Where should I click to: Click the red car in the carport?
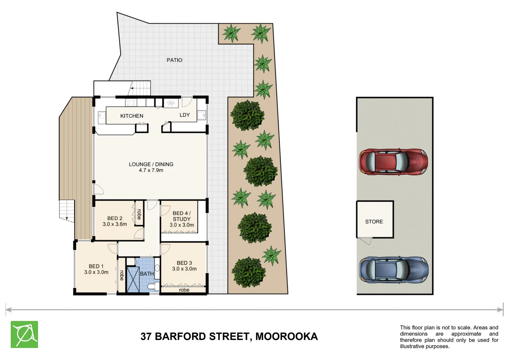coord(393,162)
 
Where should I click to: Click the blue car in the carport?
coord(393,270)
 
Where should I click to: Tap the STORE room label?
coord(374,222)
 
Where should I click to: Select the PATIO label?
coord(174,60)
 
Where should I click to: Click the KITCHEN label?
coord(132,116)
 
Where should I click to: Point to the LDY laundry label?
coord(185,115)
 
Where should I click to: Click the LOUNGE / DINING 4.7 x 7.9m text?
coord(151,167)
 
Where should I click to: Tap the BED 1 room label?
coord(96,266)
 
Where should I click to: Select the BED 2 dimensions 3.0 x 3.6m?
coord(115,224)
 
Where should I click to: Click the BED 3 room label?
coord(184,263)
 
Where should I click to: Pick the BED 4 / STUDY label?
coord(182,216)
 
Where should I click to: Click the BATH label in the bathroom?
coord(147,274)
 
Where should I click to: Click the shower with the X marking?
coord(133,280)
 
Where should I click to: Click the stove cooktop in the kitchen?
coord(131,102)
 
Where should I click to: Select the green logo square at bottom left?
coord(24,334)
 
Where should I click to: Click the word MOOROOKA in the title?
coord(286,336)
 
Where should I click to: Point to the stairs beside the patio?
coord(140,88)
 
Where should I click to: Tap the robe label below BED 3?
coord(184,290)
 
